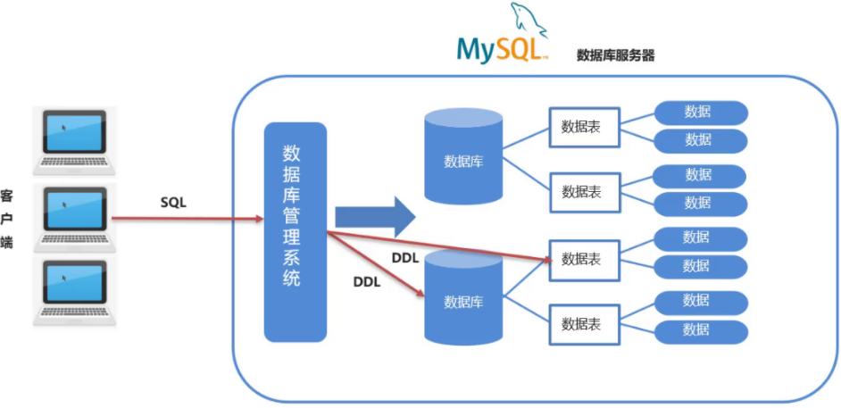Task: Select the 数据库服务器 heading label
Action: (x=616, y=55)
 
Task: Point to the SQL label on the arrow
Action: (x=173, y=203)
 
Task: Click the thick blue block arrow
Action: (x=375, y=216)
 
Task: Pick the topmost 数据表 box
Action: (x=580, y=127)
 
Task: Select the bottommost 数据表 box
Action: (x=580, y=323)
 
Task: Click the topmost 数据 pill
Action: (x=700, y=112)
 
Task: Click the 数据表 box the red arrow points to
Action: (x=580, y=259)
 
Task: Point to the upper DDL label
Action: (x=405, y=258)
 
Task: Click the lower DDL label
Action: (x=367, y=281)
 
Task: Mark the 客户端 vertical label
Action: (x=7, y=218)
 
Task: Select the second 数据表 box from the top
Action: (x=580, y=191)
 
